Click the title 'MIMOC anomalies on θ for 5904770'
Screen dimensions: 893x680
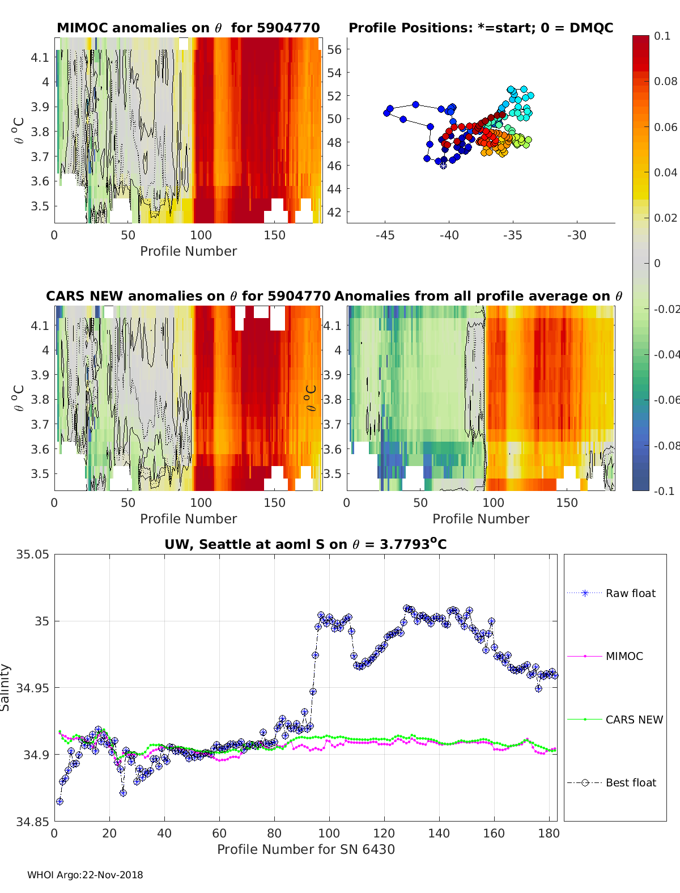(188, 28)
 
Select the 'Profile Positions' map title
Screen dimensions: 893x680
(481, 28)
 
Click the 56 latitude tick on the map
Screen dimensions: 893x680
(334, 49)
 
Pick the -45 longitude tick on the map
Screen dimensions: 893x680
(385, 235)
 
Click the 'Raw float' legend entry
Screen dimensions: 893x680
(630, 593)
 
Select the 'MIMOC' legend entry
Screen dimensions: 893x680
(624, 656)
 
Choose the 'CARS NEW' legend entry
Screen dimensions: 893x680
(634, 720)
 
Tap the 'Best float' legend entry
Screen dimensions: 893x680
(631, 782)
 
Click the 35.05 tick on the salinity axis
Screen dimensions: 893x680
(32, 555)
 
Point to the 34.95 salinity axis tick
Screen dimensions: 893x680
(32, 688)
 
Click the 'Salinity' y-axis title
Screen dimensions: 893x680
(6, 687)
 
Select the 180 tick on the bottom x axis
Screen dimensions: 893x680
(549, 833)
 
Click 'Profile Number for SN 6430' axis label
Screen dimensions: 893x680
(305, 849)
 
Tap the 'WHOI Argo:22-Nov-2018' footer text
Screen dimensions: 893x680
(85, 875)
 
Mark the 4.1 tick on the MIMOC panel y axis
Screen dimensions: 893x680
(40, 57)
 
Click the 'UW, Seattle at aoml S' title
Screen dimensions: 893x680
(305, 544)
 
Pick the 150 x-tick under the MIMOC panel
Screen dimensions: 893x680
(274, 235)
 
